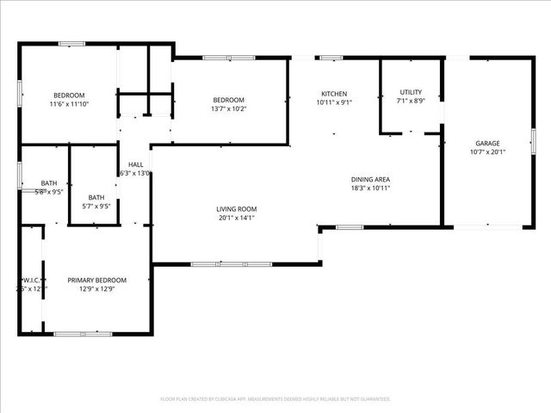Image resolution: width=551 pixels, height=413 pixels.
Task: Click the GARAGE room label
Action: pos(488,143)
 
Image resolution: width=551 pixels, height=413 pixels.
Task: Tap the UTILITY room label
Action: pos(411,92)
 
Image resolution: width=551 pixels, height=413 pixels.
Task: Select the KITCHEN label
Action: pos(334,94)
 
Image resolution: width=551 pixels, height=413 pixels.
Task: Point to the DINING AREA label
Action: pos(370,179)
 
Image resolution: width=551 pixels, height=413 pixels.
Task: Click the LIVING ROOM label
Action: pos(236,209)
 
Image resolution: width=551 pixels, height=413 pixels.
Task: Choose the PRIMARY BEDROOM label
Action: pos(97,280)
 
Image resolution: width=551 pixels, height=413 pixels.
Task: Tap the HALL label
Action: pos(136,164)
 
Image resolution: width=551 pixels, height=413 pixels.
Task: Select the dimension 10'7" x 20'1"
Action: pos(488,152)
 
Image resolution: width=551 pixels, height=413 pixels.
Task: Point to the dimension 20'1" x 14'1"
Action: pos(236,218)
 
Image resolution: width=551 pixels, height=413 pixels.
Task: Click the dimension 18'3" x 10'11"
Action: pos(370,188)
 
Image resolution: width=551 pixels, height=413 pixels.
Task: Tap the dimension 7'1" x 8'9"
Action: pos(411,101)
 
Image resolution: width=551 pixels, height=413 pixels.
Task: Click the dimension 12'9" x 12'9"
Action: pos(97,289)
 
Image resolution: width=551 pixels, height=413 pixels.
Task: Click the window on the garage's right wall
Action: pos(532,141)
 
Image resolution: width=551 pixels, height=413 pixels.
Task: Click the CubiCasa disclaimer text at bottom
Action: pos(275,398)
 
